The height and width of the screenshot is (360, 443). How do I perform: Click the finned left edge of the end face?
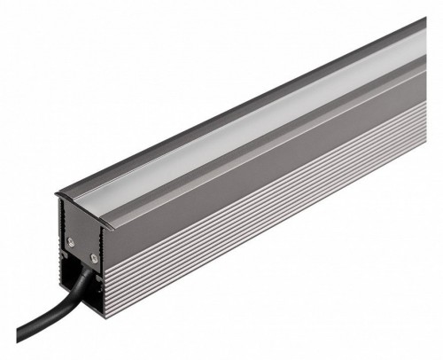pos(63,239)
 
